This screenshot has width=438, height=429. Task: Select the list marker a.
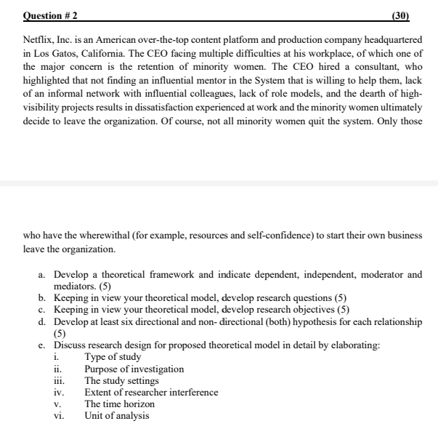pos(42,274)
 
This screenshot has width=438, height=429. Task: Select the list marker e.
pos(42,345)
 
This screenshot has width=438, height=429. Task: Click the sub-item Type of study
pos(113,356)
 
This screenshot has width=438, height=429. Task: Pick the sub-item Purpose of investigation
pos(134,369)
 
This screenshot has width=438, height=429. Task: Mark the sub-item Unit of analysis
pos(116,415)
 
